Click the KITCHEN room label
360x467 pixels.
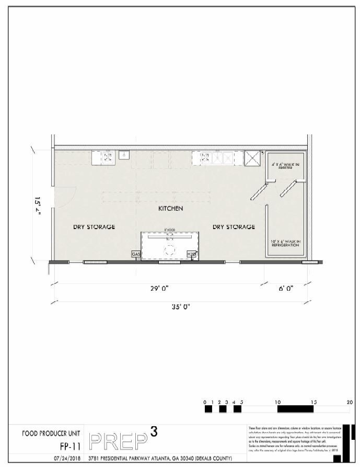pyautogui.click(x=170, y=209)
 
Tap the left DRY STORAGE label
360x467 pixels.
pyautogui.click(x=94, y=227)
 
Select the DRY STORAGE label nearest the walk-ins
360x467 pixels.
pyautogui.click(x=234, y=227)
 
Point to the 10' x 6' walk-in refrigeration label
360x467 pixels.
pyautogui.click(x=285, y=243)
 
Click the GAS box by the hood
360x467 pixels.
pyautogui.click(x=136, y=254)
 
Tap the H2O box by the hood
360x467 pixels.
pyautogui.click(x=191, y=254)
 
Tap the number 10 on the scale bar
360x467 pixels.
pyautogui.click(x=278, y=402)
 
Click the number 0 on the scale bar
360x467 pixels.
pyautogui.click(x=206, y=402)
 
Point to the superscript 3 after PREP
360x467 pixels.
pyautogui.click(x=154, y=431)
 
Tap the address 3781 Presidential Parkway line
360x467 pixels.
pyautogui.click(x=160, y=458)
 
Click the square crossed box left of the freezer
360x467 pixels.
pyautogui.click(x=253, y=157)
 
